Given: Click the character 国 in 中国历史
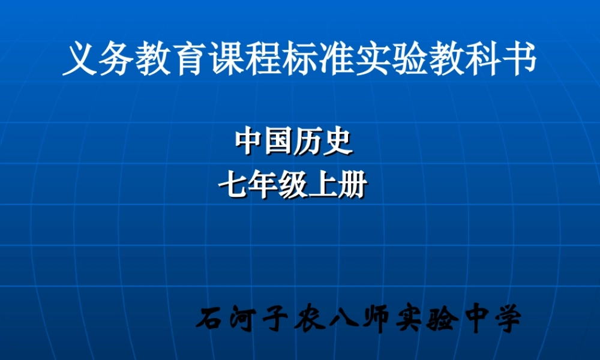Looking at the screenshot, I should pos(278,142).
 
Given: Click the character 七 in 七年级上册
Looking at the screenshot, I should pos(233,186).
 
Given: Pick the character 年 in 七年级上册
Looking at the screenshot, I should pos(263,186).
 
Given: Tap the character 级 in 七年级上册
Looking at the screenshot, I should pos(292,186).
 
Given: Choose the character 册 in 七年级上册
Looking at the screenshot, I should pos(352,186).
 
